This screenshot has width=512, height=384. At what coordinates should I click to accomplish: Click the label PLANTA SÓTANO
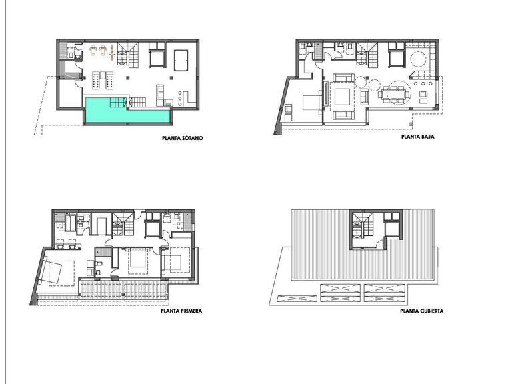click(182, 139)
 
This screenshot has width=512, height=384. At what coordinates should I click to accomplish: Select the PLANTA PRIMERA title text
click(181, 310)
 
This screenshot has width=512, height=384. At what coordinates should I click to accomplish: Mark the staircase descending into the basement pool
click(117, 103)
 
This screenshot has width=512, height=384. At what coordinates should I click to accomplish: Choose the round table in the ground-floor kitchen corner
click(419, 59)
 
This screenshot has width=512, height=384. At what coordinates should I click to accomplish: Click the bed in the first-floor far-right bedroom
click(179, 261)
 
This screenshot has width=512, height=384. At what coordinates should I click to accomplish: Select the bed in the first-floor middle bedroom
click(137, 259)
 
